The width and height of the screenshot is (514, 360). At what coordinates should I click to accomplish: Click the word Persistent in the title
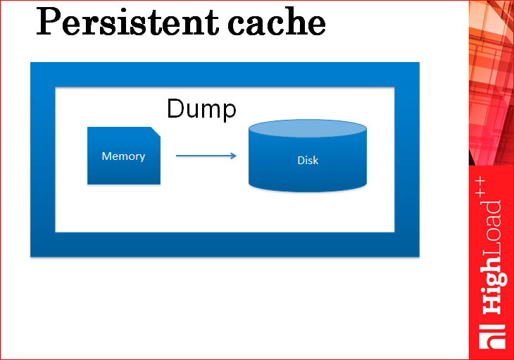pyautogui.click(x=127, y=21)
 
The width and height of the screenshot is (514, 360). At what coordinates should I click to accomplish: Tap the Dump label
pyautogui.click(x=201, y=109)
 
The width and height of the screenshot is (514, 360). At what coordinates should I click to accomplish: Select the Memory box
pyautogui.click(x=124, y=156)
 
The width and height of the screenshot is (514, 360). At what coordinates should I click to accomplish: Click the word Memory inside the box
pyautogui.click(x=124, y=156)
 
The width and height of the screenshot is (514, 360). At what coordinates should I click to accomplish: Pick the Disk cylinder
pyautogui.click(x=308, y=156)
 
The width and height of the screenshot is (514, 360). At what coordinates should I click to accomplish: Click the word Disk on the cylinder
pyautogui.click(x=308, y=161)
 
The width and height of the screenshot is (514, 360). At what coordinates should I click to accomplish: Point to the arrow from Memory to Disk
pyautogui.click(x=206, y=156)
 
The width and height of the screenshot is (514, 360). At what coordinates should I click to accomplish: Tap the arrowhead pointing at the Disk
pyautogui.click(x=233, y=156)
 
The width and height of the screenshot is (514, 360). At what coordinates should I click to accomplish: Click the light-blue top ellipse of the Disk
pyautogui.click(x=308, y=128)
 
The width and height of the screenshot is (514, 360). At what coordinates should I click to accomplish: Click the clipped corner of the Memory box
pyautogui.click(x=156, y=131)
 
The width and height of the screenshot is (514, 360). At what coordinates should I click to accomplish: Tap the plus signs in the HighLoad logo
pyautogui.click(x=480, y=187)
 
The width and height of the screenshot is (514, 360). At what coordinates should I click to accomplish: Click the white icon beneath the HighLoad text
pyautogui.click(x=492, y=337)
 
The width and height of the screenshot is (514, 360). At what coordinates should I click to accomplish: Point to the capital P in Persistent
pyautogui.click(x=49, y=21)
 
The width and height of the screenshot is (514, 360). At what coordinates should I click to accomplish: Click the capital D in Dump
pyautogui.click(x=176, y=108)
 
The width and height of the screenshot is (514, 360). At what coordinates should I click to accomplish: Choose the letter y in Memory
pyautogui.click(x=142, y=158)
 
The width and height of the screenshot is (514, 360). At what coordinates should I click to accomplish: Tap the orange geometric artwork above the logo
pyautogui.click(x=491, y=82)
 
